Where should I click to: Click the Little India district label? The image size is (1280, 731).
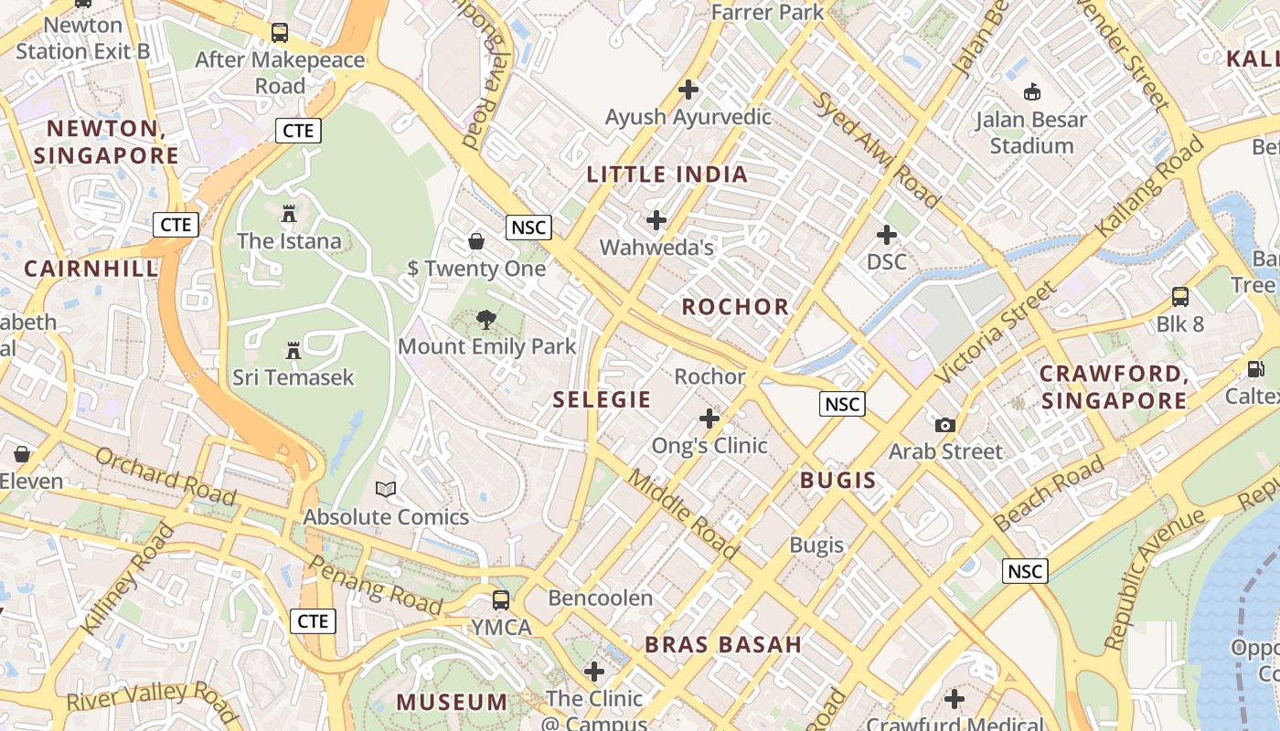pyautogui.click(x=667, y=175)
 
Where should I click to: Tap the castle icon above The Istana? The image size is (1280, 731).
pyautogui.click(x=289, y=215)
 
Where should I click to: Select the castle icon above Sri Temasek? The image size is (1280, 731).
pyautogui.click(x=293, y=351)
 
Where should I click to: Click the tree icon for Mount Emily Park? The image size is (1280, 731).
pyautogui.click(x=486, y=320)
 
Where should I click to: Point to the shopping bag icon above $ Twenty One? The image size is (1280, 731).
pyautogui.click(x=476, y=241)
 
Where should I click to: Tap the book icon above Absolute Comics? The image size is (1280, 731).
pyautogui.click(x=386, y=490)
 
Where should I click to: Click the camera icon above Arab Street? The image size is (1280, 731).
pyautogui.click(x=945, y=425)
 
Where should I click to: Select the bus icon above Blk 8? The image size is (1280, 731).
pyautogui.click(x=1180, y=297)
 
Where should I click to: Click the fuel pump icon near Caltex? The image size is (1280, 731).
pyautogui.click(x=1255, y=369)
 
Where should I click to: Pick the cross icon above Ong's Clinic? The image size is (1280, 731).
pyautogui.click(x=709, y=418)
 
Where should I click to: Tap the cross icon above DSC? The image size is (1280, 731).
pyautogui.click(x=886, y=235)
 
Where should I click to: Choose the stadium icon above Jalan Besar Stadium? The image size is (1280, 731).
pyautogui.click(x=1031, y=91)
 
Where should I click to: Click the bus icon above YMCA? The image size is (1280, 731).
pyautogui.click(x=501, y=600)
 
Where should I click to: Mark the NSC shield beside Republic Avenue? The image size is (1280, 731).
pyautogui.click(x=1024, y=571)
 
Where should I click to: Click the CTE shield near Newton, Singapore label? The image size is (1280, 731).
pyautogui.click(x=298, y=131)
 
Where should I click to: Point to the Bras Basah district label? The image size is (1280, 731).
pyautogui.click(x=723, y=644)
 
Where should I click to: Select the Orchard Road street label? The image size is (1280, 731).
pyautogui.click(x=165, y=475)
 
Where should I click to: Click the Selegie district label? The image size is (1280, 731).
pyautogui.click(x=602, y=399)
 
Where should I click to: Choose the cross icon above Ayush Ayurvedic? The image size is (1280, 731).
pyautogui.click(x=688, y=90)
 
